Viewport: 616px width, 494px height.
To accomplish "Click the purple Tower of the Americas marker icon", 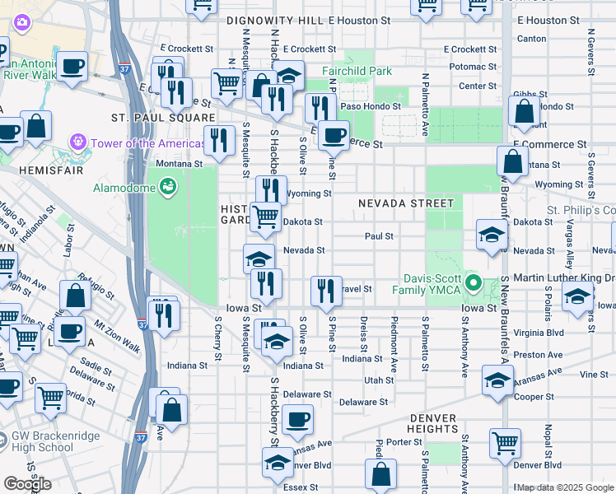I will pos(79,143).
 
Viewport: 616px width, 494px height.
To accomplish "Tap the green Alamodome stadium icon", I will pos(168,186).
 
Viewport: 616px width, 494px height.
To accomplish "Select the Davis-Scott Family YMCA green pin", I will pos(473,284).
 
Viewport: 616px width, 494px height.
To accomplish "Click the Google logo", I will pos(27,483).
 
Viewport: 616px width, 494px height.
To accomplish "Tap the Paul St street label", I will pos(379,236).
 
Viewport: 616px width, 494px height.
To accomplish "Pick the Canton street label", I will pos(531,39).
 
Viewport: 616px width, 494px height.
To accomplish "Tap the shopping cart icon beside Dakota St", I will pos(264,217).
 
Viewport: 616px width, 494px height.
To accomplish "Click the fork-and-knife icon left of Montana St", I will pos(218,139).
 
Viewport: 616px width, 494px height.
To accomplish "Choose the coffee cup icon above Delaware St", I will pos(297,419).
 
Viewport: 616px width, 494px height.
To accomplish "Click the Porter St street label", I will pos(404,442).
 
